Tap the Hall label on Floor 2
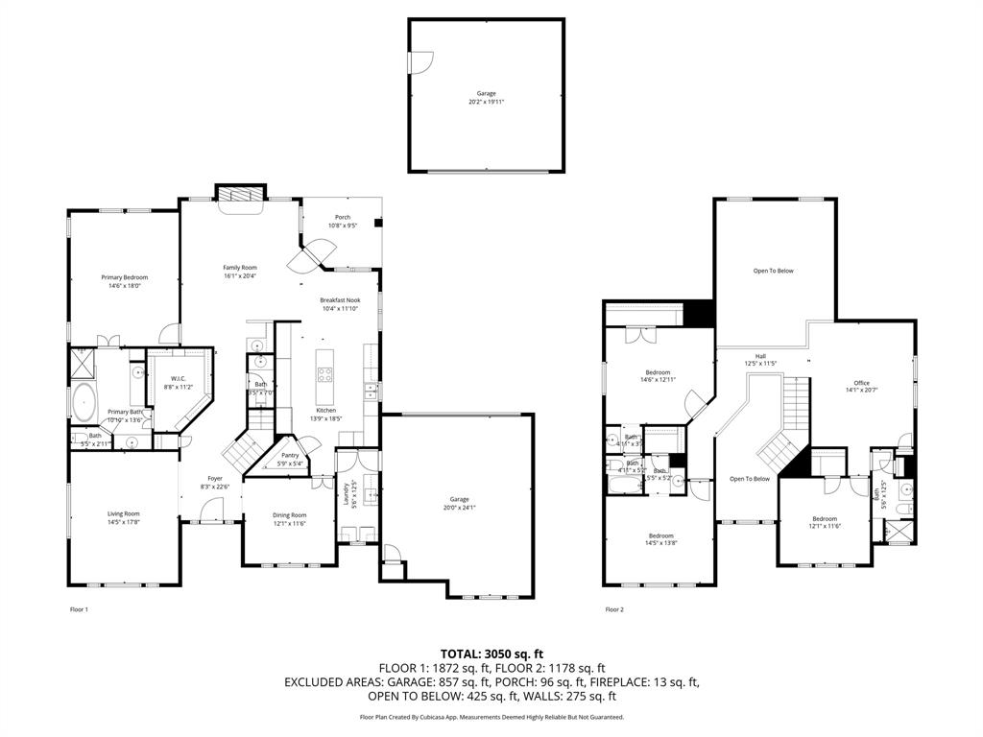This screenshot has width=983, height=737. (x=760, y=359)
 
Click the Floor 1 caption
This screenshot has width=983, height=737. (x=79, y=609)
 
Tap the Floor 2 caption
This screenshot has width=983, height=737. (x=614, y=609)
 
